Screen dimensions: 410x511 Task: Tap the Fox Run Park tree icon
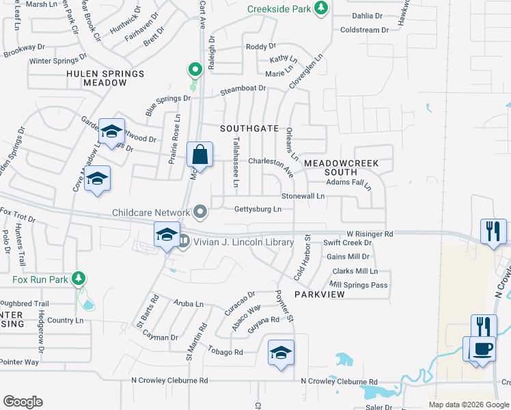click(79, 279)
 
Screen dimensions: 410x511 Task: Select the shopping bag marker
click(199, 155)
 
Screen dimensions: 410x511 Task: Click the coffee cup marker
click(482, 348)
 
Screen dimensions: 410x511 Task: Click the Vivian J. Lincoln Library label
click(243, 242)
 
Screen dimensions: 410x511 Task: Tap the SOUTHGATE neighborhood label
click(249, 128)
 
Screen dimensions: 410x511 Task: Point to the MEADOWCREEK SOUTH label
click(340, 168)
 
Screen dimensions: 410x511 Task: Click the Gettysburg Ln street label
click(258, 209)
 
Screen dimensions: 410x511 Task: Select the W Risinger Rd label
click(370, 234)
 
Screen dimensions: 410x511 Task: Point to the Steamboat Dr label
click(243, 89)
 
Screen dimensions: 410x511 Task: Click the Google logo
click(23, 402)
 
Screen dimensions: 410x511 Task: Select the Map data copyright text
click(469, 405)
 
